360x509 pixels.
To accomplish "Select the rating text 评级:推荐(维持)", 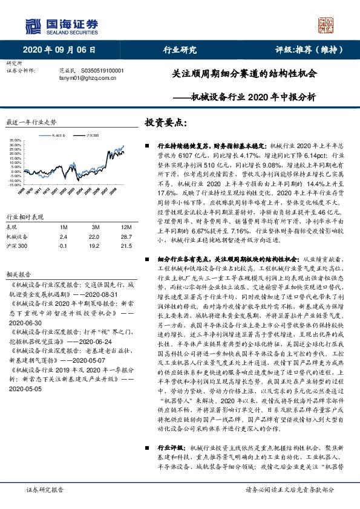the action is point(305,50).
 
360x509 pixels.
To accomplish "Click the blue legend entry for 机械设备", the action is point(60,136).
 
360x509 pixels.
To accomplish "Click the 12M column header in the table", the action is point(126,227).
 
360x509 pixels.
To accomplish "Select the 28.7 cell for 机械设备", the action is point(126,236).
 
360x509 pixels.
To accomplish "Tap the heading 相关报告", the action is point(17,273).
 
